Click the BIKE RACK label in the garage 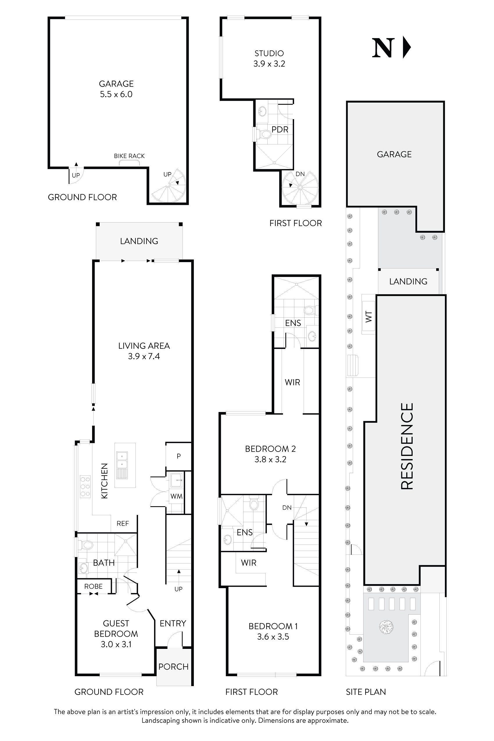coord(129,156)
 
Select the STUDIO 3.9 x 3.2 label coord(269,59)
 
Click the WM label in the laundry coord(176,496)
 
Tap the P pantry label coord(179,456)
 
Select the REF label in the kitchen coord(123,523)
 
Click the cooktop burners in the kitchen coord(85,487)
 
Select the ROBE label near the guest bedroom coord(93,586)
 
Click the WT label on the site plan coord(368,316)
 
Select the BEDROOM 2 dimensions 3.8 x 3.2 coord(270,459)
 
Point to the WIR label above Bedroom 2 coord(292,382)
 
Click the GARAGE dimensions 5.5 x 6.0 coord(116,94)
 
